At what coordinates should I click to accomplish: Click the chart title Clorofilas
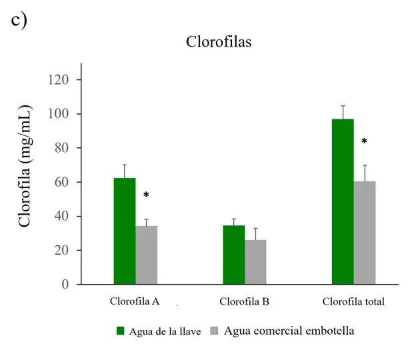pos(218,42)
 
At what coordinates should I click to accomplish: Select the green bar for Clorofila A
pos(125,231)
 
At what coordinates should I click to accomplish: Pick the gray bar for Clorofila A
pos(147,255)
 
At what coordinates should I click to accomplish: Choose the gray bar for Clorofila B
pos(255,262)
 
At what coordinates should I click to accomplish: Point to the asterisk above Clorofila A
pos(146,195)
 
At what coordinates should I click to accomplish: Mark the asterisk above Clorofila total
pos(364,142)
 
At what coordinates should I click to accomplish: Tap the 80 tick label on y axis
pos(61,148)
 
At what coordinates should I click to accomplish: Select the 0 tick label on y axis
pos(65,285)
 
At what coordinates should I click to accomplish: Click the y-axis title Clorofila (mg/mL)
pos(25,166)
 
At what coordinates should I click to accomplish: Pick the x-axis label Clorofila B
pos(244,301)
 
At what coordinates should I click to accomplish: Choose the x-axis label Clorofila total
pos(353,301)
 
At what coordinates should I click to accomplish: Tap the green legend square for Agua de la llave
pos(121,331)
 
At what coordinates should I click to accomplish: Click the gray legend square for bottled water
pos(215,331)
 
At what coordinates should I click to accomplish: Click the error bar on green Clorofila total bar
pos(343,111)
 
